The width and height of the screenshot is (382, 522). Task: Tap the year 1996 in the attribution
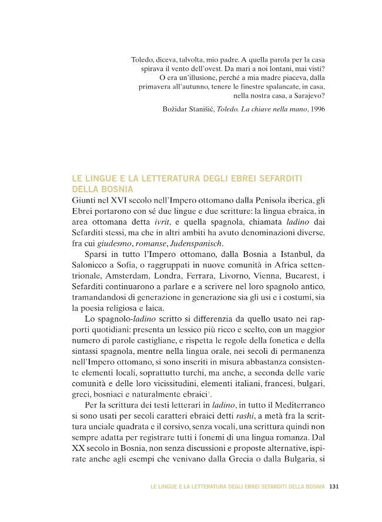pos(317,109)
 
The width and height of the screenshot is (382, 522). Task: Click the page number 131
pos(334,486)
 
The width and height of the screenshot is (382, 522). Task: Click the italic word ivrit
pos(180,221)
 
